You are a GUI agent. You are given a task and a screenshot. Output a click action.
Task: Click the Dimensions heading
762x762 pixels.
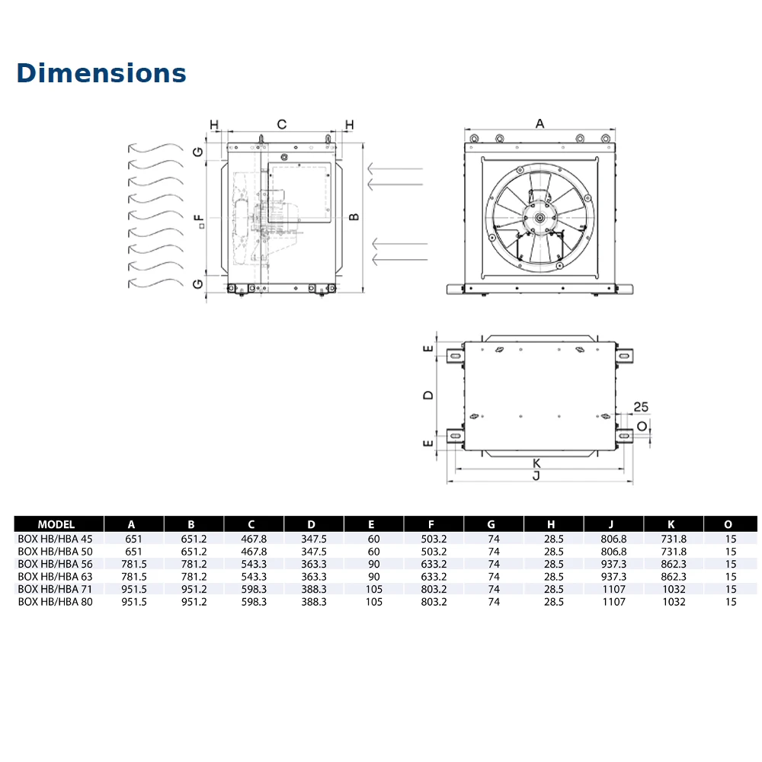point(101,72)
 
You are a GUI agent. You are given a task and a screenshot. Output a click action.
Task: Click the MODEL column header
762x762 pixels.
point(56,524)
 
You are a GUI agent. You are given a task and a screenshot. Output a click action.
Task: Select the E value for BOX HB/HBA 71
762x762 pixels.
point(372,589)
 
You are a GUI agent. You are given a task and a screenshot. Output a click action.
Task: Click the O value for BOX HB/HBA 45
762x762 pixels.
point(731,539)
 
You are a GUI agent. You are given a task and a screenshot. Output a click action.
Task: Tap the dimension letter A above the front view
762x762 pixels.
point(540,123)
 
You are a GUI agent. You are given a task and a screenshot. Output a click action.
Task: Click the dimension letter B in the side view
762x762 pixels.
point(354,217)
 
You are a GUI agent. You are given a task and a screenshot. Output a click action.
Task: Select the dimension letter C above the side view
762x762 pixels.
point(281,124)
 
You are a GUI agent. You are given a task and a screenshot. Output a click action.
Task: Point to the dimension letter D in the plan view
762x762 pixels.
point(428,395)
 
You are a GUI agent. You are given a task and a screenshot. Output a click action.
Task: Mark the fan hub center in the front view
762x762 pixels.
point(539,217)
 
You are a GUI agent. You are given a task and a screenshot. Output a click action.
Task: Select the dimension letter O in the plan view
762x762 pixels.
point(642,426)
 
